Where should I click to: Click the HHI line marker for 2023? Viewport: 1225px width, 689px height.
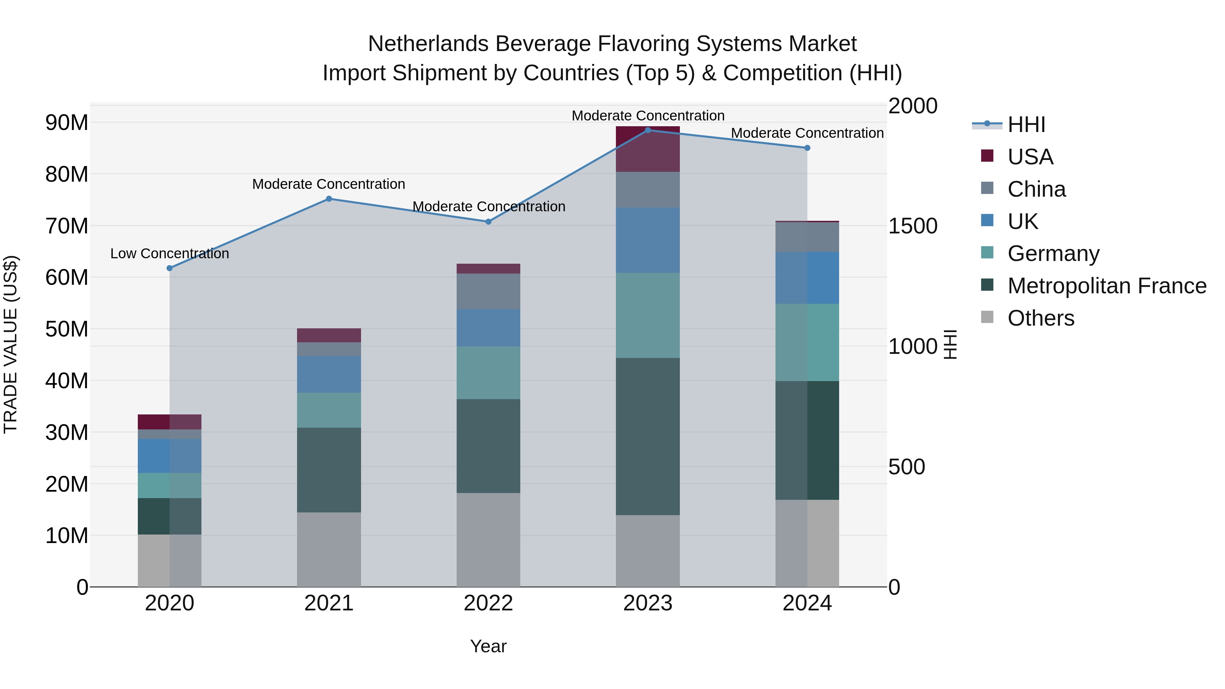(647, 130)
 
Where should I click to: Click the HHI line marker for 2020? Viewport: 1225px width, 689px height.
(170, 268)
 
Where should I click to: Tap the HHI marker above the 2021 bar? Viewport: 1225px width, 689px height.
(329, 199)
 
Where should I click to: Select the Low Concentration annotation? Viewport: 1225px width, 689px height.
(170, 253)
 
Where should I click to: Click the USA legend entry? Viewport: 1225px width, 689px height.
(1030, 157)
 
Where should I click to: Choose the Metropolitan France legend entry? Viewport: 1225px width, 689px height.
(1106, 286)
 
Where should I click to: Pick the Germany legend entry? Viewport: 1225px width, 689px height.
(1053, 253)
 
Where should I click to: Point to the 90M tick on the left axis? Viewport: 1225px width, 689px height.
(67, 123)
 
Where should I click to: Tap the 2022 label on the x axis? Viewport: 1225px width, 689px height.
(488, 603)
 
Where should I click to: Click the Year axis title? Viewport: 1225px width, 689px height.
(488, 646)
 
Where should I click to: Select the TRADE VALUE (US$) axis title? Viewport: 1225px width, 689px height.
(11, 344)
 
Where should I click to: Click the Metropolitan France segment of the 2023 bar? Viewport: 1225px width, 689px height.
(647, 436)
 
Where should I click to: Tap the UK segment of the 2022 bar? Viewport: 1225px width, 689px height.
(488, 328)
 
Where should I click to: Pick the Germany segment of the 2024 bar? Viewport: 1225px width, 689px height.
(807, 342)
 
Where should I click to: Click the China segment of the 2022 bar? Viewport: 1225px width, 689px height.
(488, 292)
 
